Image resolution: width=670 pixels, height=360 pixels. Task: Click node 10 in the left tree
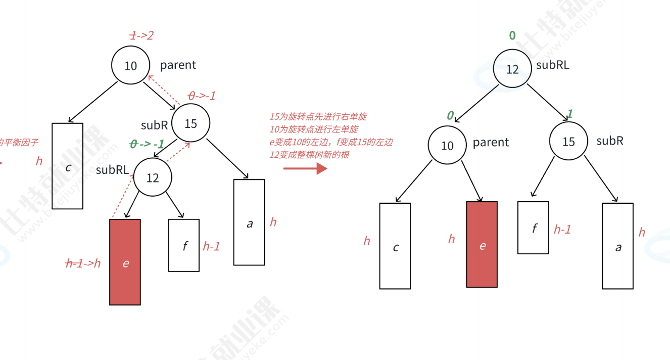(131, 65)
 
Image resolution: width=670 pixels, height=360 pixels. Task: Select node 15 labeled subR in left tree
(190, 123)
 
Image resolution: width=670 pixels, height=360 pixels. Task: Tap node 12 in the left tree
(153, 177)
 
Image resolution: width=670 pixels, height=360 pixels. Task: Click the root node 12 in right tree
(512, 69)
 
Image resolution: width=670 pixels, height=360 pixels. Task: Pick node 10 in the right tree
(447, 146)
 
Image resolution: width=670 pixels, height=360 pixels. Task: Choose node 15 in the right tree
(569, 142)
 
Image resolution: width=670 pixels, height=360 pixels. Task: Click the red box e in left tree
(125, 262)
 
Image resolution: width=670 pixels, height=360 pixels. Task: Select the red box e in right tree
(482, 244)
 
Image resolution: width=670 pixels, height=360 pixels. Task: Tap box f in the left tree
(184, 245)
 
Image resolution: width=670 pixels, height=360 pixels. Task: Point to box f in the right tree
(533, 228)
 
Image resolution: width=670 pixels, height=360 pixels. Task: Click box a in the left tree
(249, 222)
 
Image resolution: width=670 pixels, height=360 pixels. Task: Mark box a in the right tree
(617, 246)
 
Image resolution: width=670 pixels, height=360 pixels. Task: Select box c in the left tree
(68, 166)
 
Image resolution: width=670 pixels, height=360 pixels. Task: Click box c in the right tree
(395, 246)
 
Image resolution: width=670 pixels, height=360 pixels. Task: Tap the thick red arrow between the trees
(306, 168)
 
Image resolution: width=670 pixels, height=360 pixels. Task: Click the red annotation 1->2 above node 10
(141, 35)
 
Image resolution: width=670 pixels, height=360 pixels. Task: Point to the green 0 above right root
(512, 35)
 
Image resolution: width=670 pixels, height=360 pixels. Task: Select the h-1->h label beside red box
(83, 263)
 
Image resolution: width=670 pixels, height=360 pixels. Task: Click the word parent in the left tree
(178, 65)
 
